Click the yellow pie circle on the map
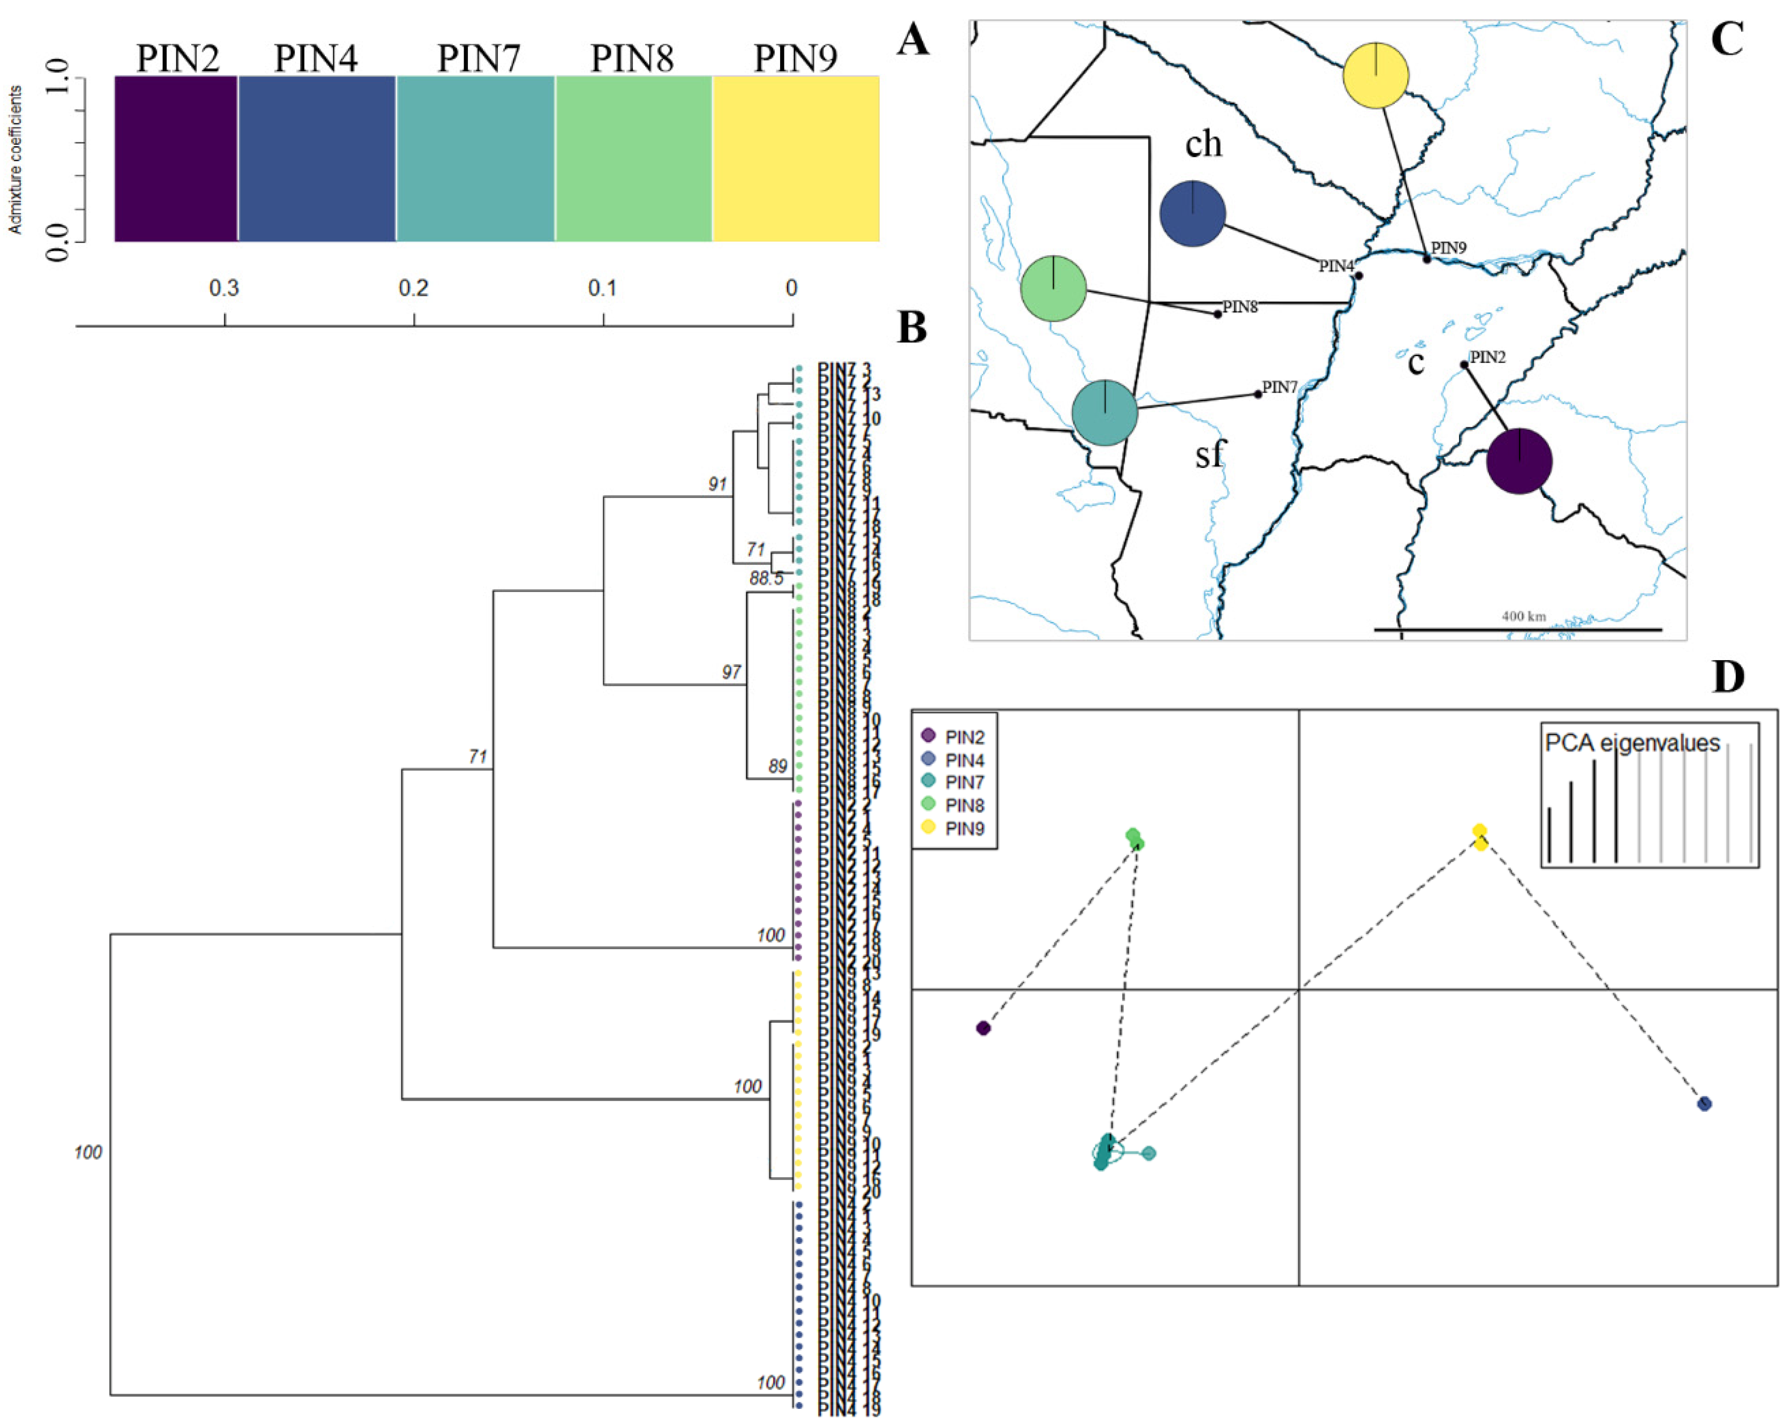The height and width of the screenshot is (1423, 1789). (x=1376, y=76)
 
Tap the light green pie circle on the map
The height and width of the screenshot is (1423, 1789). (x=1053, y=288)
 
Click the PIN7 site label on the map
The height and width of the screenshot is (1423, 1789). (x=1279, y=388)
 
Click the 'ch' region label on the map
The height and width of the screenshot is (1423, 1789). (x=1203, y=144)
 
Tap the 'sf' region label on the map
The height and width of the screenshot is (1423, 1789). (x=1210, y=454)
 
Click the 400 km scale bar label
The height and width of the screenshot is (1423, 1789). (x=1523, y=617)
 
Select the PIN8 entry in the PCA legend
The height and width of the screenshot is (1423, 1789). (x=964, y=805)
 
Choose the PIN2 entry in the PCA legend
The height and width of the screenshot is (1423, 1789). (x=964, y=737)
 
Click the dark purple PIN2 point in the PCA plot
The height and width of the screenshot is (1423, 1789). (x=983, y=1028)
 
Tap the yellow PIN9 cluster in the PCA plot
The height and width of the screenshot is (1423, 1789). (x=1479, y=836)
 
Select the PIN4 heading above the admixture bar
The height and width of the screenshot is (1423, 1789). (x=316, y=58)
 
